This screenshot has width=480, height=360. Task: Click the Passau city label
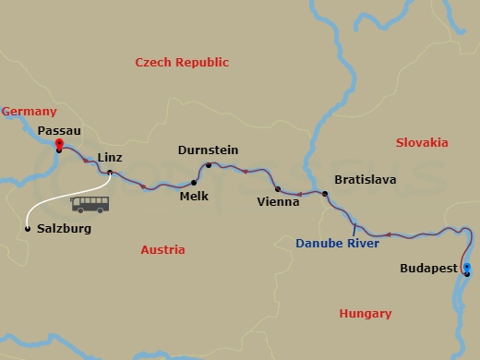(58, 131)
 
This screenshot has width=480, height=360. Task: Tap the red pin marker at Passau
(58, 145)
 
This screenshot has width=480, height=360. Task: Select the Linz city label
(110, 157)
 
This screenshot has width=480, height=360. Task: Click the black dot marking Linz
(110, 172)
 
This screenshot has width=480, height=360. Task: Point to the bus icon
(90, 204)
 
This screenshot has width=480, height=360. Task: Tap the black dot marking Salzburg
(28, 228)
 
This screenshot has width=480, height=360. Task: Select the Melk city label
(194, 196)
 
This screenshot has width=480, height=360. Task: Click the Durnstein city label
(209, 150)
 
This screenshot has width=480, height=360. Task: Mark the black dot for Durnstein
(210, 166)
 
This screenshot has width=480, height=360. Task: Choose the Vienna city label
(279, 201)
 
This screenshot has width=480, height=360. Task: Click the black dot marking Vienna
(278, 188)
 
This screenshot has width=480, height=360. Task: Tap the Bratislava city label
(365, 179)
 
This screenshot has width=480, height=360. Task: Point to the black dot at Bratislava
(325, 193)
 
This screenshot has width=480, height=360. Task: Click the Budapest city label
(427, 269)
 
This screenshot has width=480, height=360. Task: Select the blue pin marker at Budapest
(467, 270)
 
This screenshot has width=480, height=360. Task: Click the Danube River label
(336, 244)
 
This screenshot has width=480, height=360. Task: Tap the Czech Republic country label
(182, 62)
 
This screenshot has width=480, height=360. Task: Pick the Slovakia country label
(421, 142)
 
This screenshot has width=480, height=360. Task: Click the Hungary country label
(366, 314)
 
